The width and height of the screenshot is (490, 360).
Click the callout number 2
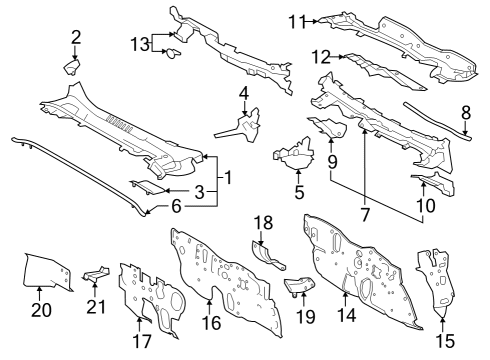[x=75, y=38]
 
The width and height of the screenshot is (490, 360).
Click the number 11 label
[x=297, y=20]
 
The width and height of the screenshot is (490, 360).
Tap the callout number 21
[x=95, y=305]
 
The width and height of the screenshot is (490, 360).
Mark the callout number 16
[x=210, y=322]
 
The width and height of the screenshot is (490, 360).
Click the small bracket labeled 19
[x=299, y=289]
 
